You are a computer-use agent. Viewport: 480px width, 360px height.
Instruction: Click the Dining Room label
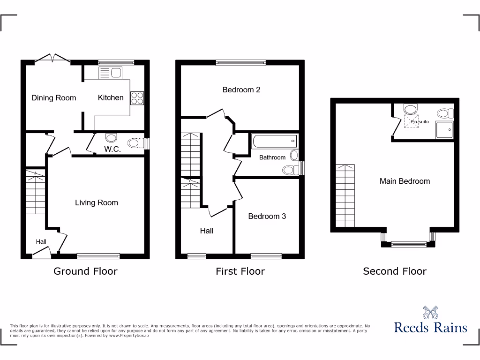pos(53,98)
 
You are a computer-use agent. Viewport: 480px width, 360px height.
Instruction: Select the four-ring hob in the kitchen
pos(137,97)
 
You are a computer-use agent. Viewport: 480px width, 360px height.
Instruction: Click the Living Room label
pos(97,202)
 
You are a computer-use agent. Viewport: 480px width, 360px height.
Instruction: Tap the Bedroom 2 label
pos(241,90)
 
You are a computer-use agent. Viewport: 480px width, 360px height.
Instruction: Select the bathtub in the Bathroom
pos(274,140)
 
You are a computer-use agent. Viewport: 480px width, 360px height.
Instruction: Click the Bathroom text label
pos(272,157)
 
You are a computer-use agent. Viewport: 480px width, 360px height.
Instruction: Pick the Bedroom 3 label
pos(267,216)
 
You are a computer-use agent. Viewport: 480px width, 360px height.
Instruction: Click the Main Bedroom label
pos(405,181)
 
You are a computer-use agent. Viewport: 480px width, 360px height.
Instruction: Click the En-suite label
pos(420,122)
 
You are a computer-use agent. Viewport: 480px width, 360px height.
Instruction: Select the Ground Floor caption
pos(85,271)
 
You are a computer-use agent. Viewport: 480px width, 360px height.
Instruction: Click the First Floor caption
pos(240,271)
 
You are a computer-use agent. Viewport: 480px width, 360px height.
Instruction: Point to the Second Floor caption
pos(395,271)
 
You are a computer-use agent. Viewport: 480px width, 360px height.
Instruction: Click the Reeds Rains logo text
pos(430,327)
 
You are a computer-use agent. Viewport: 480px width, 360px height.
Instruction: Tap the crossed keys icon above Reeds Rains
pos(430,312)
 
